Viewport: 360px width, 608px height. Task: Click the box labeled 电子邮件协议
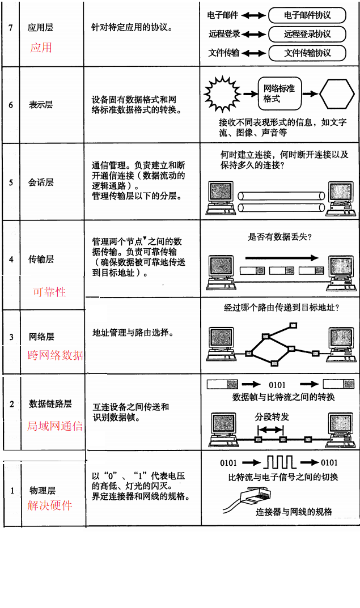(307, 15)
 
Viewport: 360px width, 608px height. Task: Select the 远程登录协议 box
(307, 34)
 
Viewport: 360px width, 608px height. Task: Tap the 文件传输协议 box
(307, 53)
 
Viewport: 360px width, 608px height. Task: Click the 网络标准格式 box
(279, 93)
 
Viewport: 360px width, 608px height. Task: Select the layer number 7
(11, 27)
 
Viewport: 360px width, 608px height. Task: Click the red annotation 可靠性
(49, 292)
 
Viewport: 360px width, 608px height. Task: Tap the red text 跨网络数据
(56, 355)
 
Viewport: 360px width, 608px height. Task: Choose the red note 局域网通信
(55, 426)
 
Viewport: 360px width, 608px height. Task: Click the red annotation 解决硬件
(50, 505)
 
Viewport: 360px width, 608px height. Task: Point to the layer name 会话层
(41, 182)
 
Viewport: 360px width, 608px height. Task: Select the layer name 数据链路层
(50, 404)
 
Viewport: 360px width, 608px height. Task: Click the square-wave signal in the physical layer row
(282, 462)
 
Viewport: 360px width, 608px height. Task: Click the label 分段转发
(272, 417)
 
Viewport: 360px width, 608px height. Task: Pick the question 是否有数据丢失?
(280, 237)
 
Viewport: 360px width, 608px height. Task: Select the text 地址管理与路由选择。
(133, 333)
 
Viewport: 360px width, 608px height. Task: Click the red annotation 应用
(41, 47)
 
